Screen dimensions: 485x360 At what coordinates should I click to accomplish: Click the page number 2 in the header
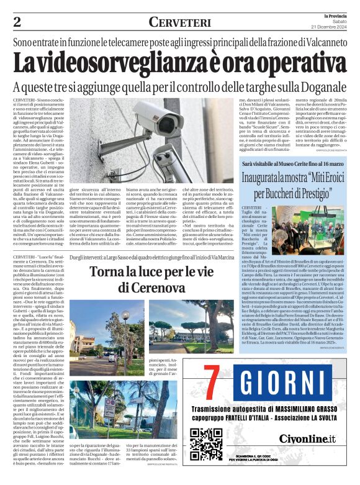[17, 22]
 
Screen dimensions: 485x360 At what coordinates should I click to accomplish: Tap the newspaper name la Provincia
[336, 15]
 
